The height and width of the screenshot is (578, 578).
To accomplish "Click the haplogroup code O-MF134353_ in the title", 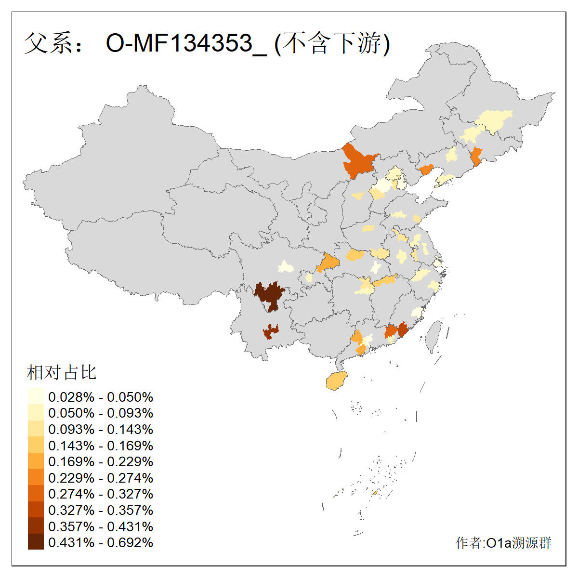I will tap(185, 43).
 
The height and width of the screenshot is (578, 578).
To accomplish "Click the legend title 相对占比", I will tap(62, 372).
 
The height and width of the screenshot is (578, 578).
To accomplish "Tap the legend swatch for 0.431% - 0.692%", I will tap(36, 542).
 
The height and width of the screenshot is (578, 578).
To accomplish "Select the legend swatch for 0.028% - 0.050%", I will tap(36, 396).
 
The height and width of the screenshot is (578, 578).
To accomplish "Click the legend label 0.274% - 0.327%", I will tap(101, 494).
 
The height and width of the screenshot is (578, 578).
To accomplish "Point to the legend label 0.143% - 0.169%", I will tap(101, 446).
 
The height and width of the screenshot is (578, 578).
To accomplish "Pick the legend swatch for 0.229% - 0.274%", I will tap(36, 477).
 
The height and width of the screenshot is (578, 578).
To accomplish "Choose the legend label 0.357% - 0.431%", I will tap(101, 526).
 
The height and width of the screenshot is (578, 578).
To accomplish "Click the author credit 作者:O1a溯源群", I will tap(503, 543).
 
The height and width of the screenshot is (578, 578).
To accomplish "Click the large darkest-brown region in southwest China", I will tap(268, 295).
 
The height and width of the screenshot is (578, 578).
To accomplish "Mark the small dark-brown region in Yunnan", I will tap(271, 332).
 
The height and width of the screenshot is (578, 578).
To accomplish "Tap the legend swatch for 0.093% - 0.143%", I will tap(36, 429).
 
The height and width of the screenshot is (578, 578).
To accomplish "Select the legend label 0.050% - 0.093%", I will tap(101, 413).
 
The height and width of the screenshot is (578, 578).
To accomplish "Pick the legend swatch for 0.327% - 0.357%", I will tap(36, 510).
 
